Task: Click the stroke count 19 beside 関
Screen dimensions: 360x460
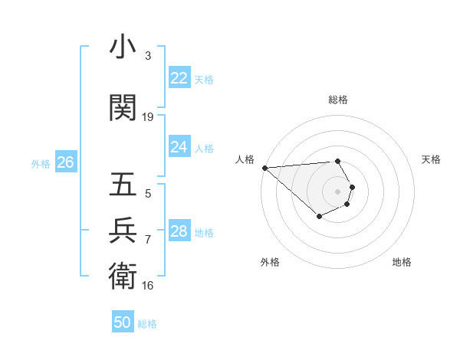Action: click(148, 117)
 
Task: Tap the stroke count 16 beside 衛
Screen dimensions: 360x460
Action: click(148, 286)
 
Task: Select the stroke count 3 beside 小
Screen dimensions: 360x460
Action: click(148, 56)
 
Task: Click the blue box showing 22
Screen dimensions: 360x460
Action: click(179, 78)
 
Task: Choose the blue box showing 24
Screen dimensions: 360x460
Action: click(179, 147)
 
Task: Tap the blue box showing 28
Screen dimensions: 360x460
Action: click(179, 231)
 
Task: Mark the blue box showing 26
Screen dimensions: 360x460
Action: click(65, 162)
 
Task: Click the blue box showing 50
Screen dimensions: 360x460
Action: click(123, 322)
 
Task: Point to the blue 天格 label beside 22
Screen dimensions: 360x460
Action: click(204, 79)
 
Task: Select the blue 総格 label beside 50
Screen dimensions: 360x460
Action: click(147, 324)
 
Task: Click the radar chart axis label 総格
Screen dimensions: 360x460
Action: click(338, 100)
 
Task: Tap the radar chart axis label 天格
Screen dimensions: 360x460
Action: click(431, 159)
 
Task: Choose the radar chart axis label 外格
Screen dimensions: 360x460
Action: click(270, 262)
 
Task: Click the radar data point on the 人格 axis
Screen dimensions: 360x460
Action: click(264, 168)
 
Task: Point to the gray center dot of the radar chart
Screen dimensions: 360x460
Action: click(338, 191)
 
